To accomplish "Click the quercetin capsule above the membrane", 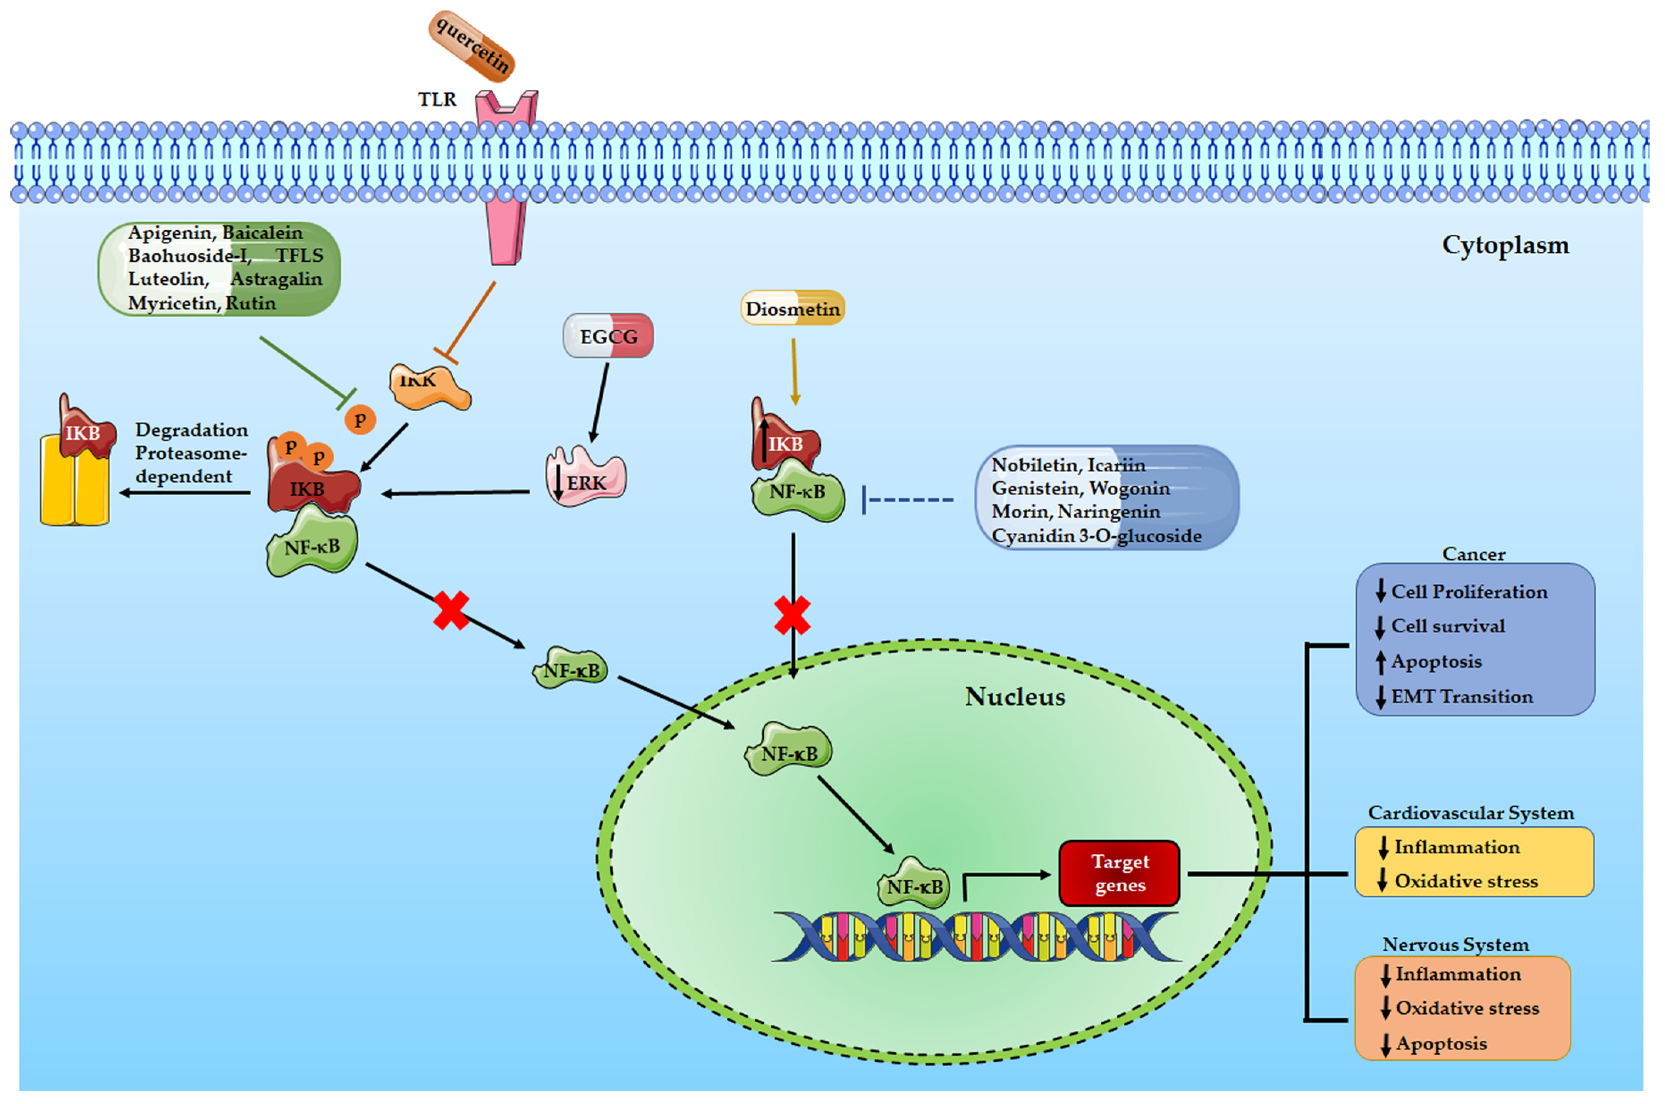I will coord(472,46).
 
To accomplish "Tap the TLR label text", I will coord(437,100).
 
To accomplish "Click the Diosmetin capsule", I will coord(792,308).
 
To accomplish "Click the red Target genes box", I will coord(1119,873).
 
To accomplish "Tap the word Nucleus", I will coord(1015,696).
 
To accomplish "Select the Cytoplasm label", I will coord(1505,245).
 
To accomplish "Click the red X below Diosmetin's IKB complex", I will coord(792,615).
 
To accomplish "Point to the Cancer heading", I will coord(1473,554).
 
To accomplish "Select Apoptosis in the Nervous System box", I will coord(1441,1043).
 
